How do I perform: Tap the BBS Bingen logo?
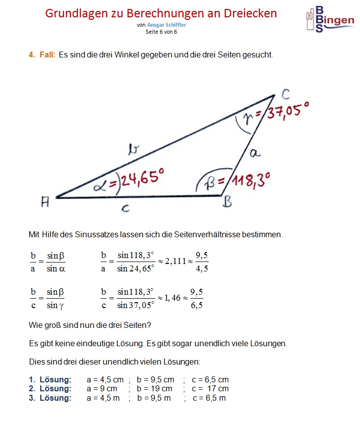coord(329,20)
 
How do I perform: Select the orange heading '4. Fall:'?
coord(42,55)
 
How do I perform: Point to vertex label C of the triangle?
coord(286,94)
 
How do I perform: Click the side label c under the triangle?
coord(126,209)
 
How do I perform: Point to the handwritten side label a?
coord(255,153)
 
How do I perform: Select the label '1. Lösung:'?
coord(50,380)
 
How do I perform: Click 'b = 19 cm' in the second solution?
coord(154,389)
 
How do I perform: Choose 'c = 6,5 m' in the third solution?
coord(209,398)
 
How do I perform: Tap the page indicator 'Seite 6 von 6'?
coord(161,32)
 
